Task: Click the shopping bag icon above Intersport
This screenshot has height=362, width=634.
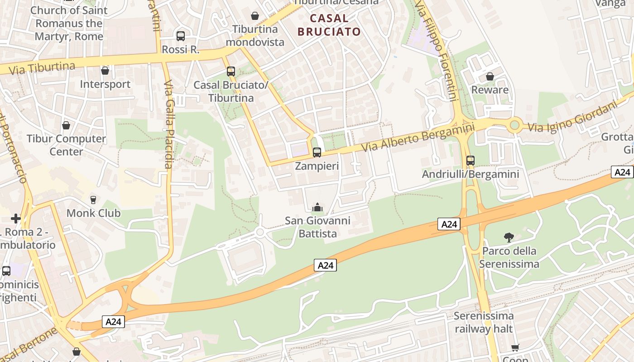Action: point(105,71)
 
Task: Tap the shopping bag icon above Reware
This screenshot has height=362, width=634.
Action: point(490,76)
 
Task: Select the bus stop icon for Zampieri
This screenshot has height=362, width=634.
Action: point(317,152)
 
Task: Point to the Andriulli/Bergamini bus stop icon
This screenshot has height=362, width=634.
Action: point(471,160)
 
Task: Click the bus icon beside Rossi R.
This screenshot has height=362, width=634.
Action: point(181,36)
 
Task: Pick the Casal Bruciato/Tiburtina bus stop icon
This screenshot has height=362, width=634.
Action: point(231,71)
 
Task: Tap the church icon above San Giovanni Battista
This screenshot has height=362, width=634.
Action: point(317,207)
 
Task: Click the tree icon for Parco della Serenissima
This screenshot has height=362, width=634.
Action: point(509,237)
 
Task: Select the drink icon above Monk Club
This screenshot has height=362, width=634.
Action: point(93,200)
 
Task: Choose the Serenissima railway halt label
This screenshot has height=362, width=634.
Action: point(484,322)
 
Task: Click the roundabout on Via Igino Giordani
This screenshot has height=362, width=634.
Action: point(514,125)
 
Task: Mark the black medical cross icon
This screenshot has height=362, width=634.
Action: point(16,219)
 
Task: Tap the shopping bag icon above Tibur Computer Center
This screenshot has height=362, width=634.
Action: point(66,125)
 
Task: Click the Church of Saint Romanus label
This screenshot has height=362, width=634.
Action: point(69,23)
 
